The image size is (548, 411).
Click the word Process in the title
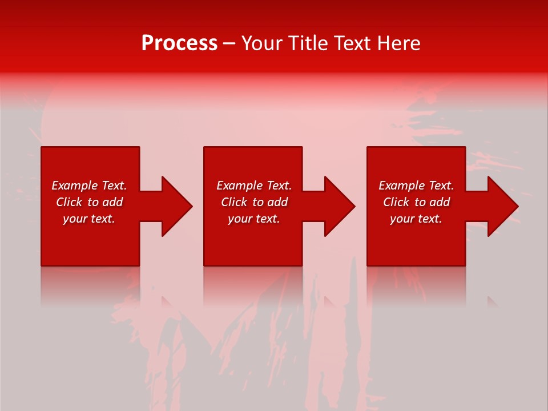click(179, 43)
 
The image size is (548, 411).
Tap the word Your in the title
click(262, 43)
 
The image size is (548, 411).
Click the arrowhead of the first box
click(175, 206)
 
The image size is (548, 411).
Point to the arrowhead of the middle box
click(338, 206)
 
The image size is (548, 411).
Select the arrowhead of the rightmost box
click(501, 206)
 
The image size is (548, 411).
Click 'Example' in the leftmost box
click(74, 186)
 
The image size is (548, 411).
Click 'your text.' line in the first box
click(89, 219)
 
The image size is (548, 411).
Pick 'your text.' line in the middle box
click(253, 219)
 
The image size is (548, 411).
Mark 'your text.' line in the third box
click(416, 219)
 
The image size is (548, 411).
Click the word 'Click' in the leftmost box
click(68, 202)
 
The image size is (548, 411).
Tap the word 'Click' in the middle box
click(233, 202)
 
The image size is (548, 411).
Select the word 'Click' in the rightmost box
click(396, 202)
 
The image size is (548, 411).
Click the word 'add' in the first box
click(112, 202)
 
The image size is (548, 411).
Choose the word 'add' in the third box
click(440, 202)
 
